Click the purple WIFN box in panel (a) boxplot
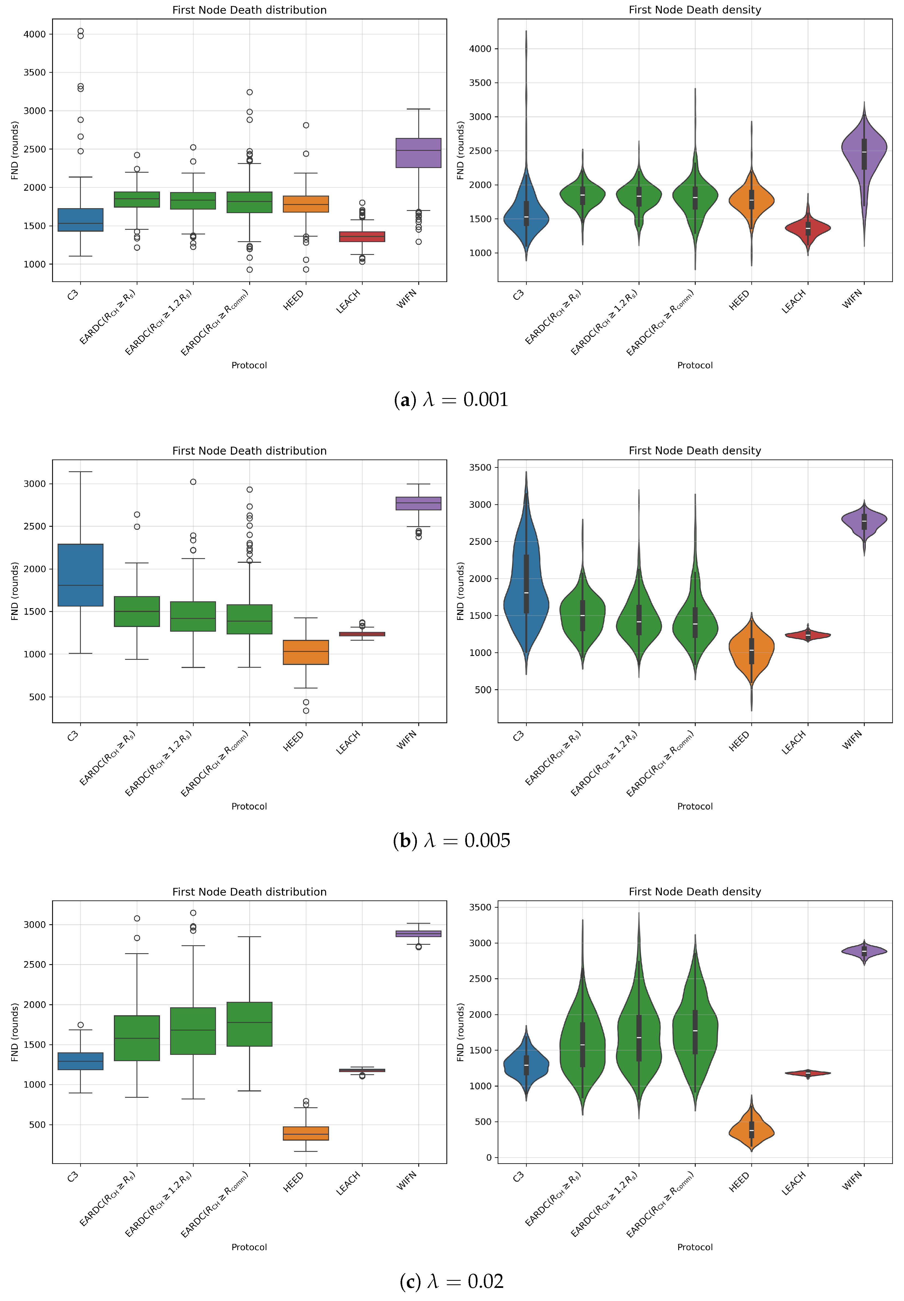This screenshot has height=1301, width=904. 419,153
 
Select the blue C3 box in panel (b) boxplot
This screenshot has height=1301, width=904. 81,575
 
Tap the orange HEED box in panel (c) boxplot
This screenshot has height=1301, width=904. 306,1133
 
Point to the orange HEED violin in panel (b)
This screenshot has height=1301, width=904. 752,652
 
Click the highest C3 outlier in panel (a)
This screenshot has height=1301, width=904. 81,31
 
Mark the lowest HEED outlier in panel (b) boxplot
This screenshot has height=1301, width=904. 306,711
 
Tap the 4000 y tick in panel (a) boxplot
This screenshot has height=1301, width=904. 34,34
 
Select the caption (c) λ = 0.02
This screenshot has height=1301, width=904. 451,1281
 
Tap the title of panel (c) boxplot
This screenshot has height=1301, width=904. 249,892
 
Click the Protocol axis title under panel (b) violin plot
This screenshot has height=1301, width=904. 695,806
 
